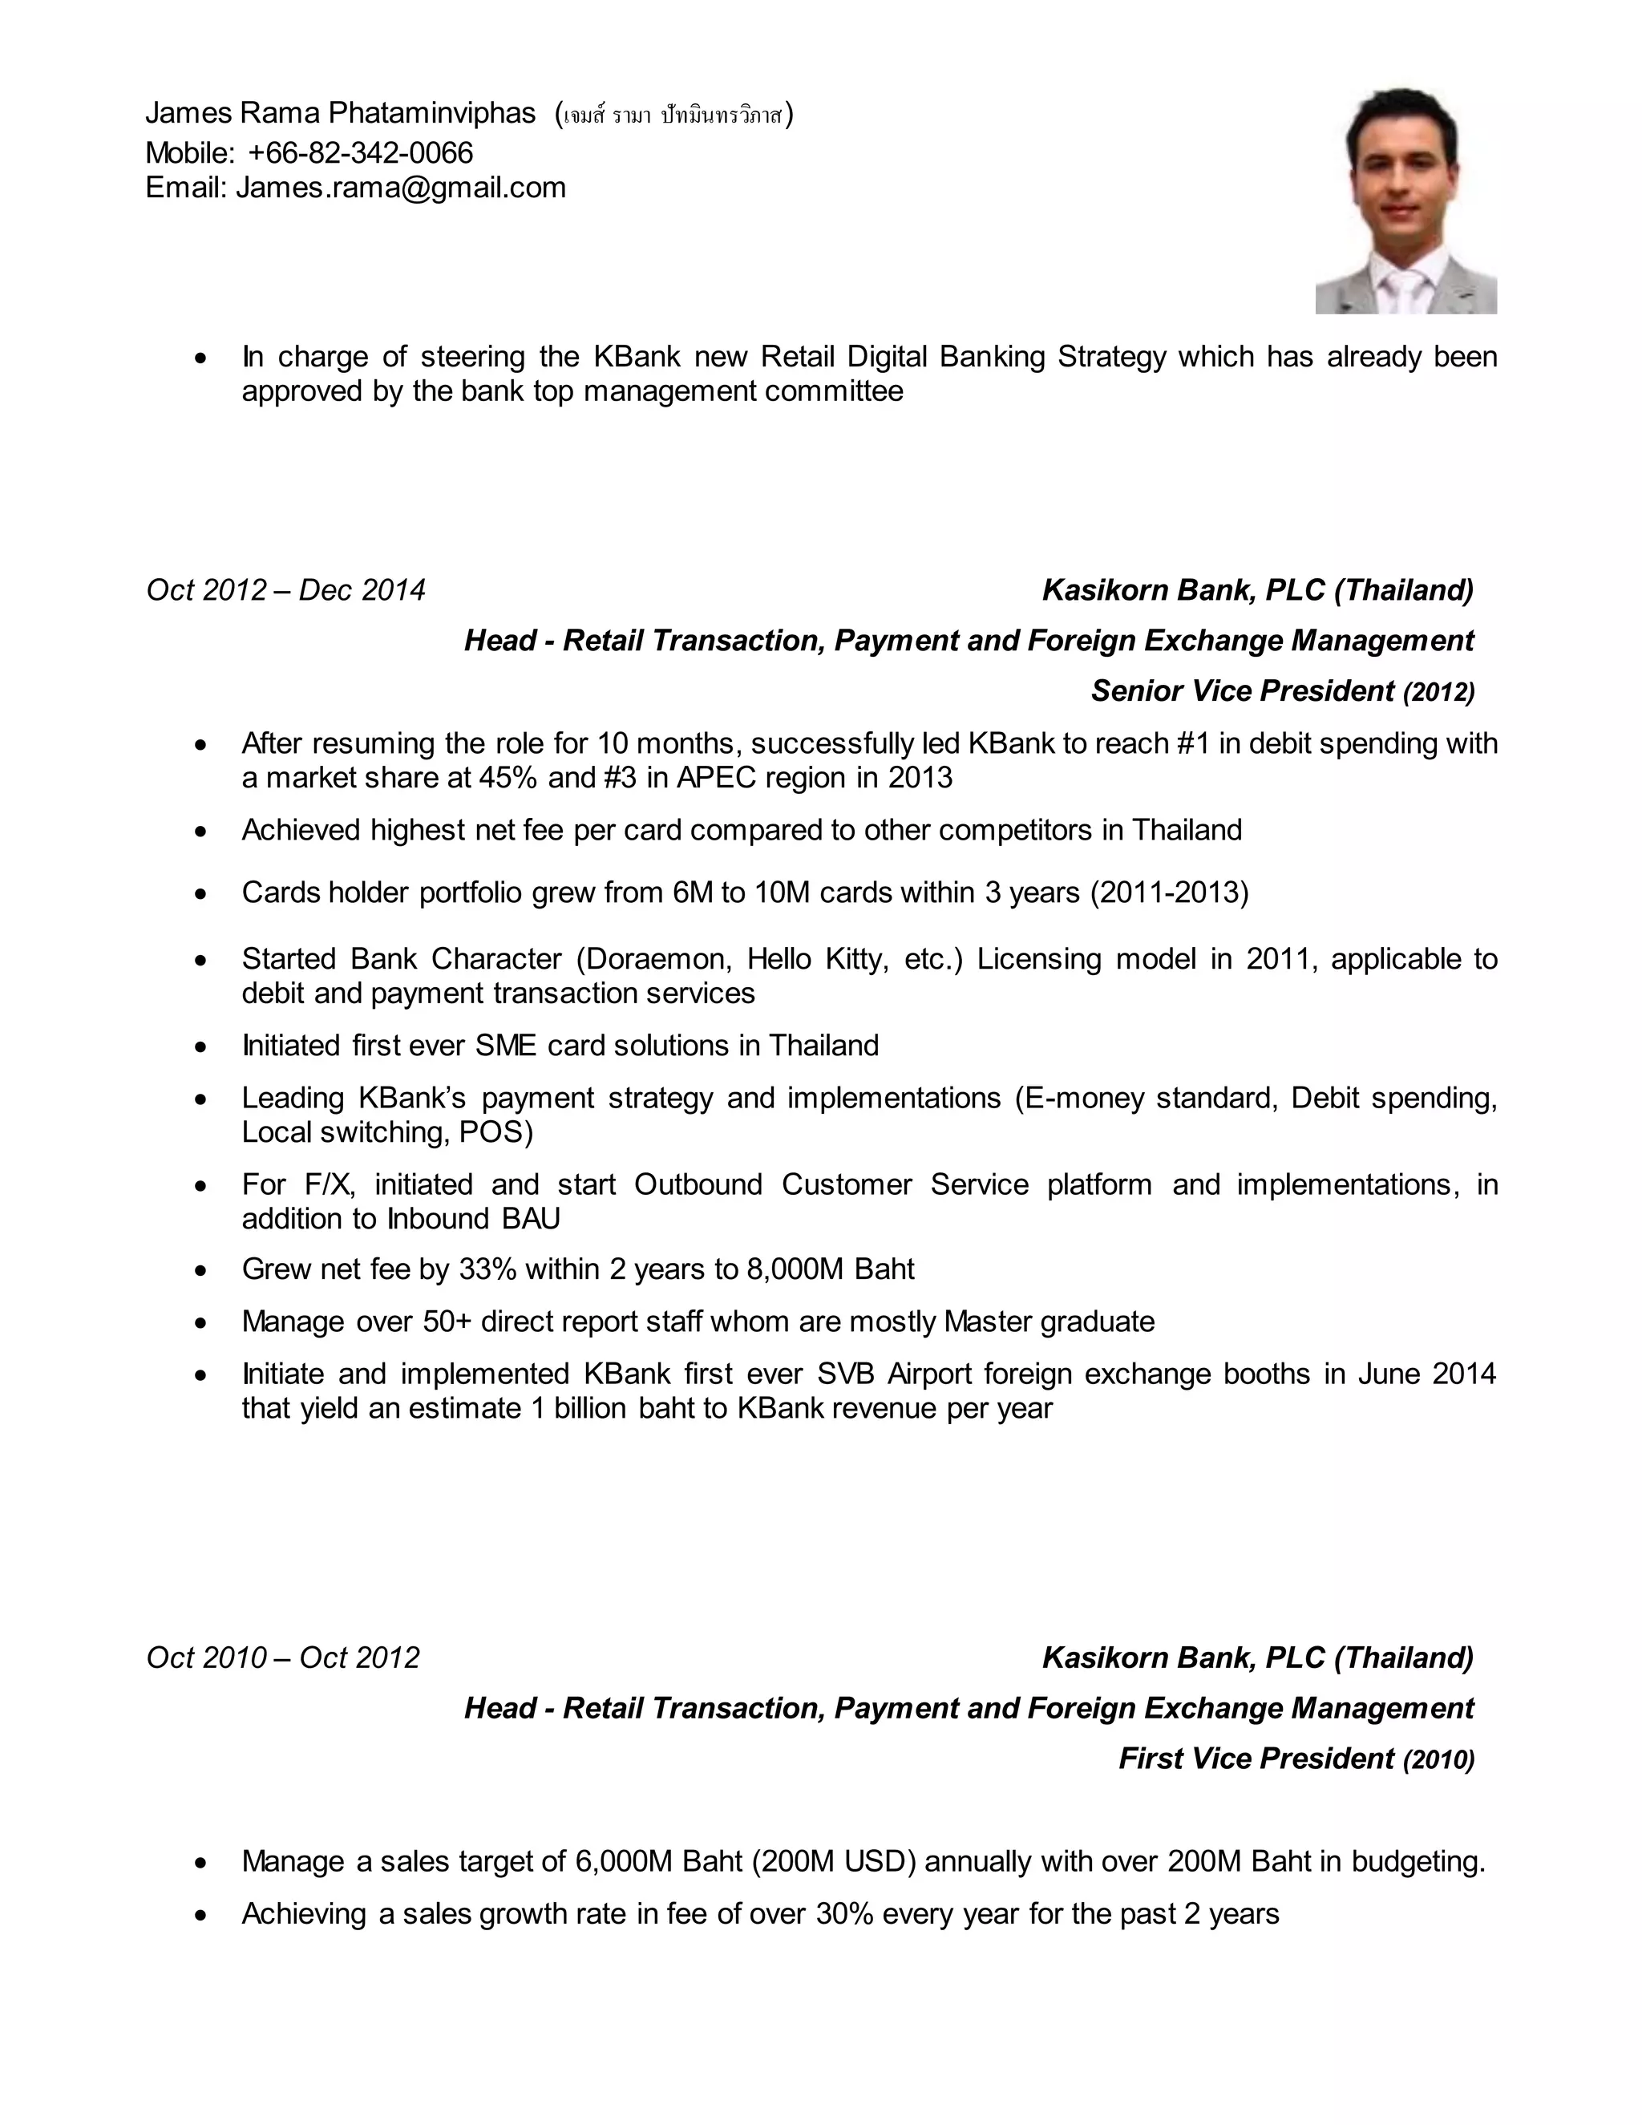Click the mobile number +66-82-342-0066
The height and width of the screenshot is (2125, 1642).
point(360,152)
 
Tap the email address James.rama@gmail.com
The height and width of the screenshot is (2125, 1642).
point(401,187)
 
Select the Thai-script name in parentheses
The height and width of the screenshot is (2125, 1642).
point(673,115)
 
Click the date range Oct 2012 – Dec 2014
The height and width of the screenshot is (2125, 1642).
point(286,589)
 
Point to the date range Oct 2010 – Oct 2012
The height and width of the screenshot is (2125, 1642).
point(283,1657)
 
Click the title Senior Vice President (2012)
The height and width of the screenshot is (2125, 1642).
point(1282,690)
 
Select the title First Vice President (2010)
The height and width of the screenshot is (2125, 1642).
point(1296,1759)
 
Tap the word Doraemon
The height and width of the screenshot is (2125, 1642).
point(657,958)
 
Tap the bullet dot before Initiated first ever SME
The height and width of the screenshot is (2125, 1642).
point(200,1046)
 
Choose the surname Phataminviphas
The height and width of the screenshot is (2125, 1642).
point(432,113)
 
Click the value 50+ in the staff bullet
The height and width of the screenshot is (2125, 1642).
point(447,1322)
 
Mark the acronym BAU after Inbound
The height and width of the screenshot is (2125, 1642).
point(531,1218)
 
